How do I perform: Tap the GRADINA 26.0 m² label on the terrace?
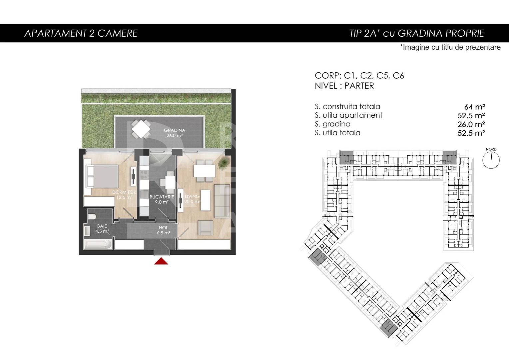[x=174, y=133]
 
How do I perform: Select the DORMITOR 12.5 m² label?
[x=124, y=195]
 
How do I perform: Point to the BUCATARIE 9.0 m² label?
[x=162, y=199]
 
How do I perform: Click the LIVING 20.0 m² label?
[x=192, y=199]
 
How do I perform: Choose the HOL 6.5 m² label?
[x=163, y=230]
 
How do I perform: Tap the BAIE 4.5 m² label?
[x=102, y=228]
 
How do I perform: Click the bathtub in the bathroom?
[x=98, y=244]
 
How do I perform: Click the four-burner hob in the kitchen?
[x=144, y=174]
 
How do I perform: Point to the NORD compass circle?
[x=491, y=160]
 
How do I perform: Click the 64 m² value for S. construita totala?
[x=474, y=107]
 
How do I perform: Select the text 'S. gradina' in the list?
[x=332, y=124]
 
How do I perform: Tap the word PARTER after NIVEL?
[x=359, y=86]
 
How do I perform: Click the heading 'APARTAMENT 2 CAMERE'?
[x=81, y=33]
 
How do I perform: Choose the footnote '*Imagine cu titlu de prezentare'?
[x=450, y=47]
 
